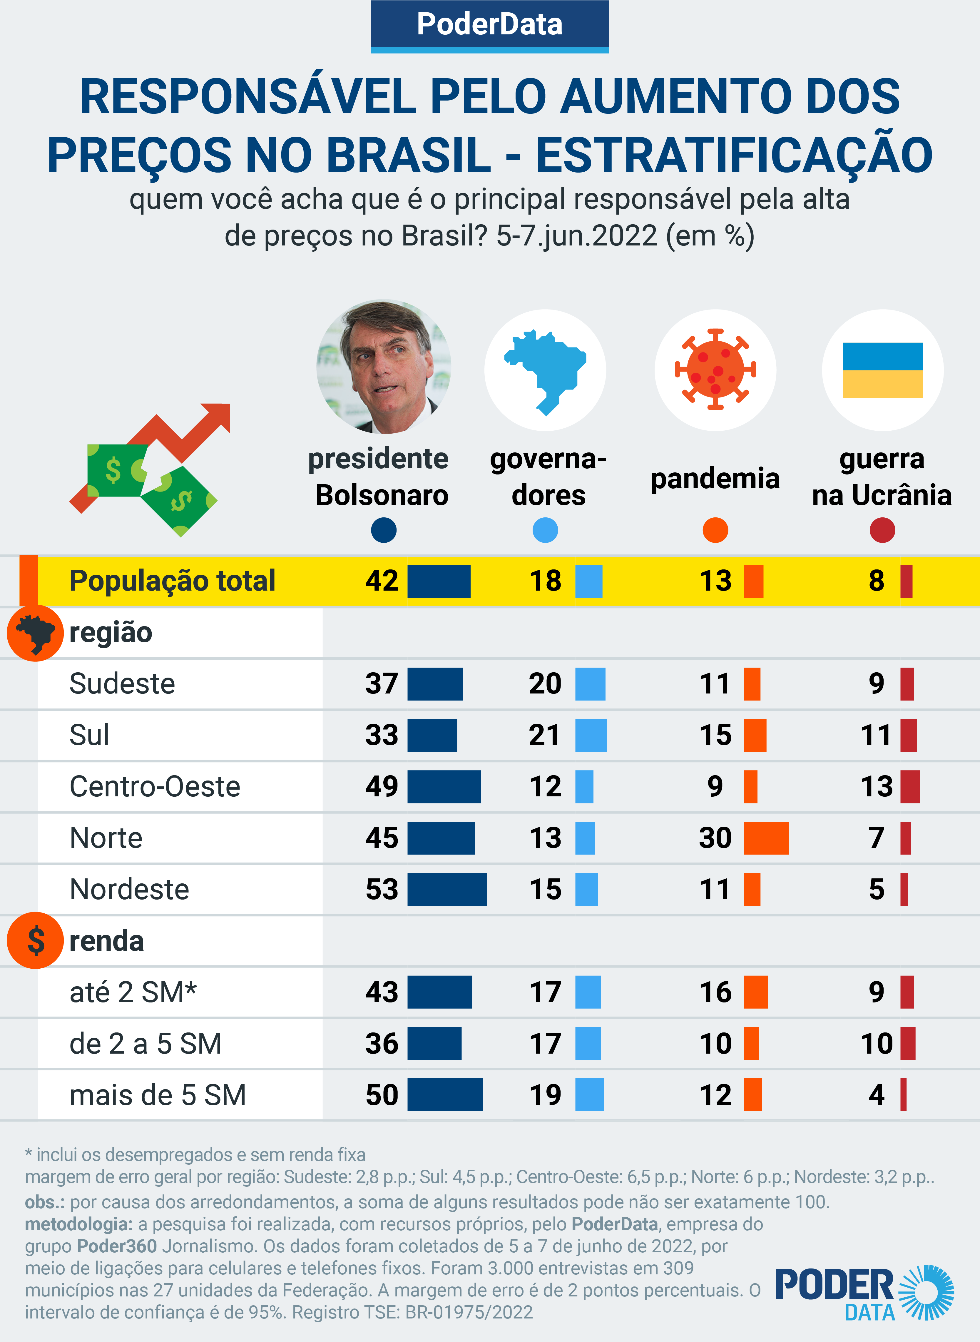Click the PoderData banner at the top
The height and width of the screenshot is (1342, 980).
[489, 25]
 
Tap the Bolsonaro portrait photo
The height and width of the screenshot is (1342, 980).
[384, 367]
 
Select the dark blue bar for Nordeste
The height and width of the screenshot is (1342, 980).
[447, 889]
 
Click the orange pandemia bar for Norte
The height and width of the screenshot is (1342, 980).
[766, 838]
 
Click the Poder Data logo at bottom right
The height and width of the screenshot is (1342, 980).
[863, 1293]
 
